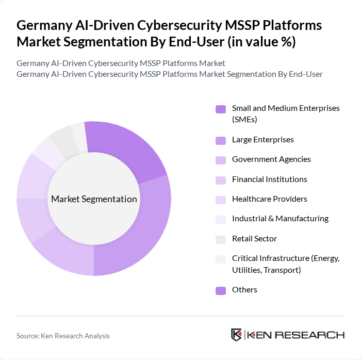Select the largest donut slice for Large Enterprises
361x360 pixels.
click(x=142, y=232)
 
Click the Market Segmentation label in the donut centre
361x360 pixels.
click(x=94, y=199)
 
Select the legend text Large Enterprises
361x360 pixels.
click(x=262, y=140)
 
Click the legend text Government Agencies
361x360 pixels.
click(x=271, y=159)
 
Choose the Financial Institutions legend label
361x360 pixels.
click(x=269, y=179)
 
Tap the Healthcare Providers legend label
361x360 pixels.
click(x=269, y=199)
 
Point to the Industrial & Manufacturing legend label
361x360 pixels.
click(x=280, y=219)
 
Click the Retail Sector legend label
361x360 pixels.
click(x=254, y=239)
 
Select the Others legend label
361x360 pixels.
click(x=244, y=290)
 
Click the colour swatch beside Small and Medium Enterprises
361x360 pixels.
click(x=221, y=109)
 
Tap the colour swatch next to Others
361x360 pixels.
click(x=221, y=290)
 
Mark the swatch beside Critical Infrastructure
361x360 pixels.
click(x=221, y=259)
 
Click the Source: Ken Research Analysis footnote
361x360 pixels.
click(x=63, y=336)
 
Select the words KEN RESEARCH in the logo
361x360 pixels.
click(x=296, y=335)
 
